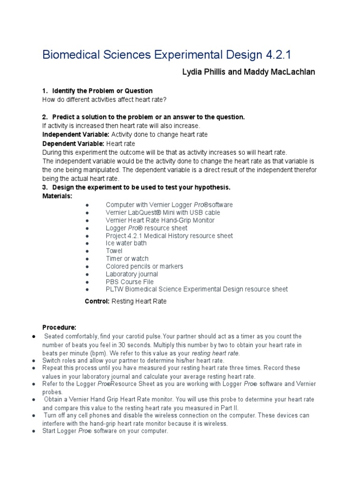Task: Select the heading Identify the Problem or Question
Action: pyautogui.click(x=102, y=90)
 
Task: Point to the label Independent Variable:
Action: pyautogui.click(x=70, y=135)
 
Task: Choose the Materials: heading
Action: pyautogui.click(x=57, y=195)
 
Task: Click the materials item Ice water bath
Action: pyautogui.click(x=126, y=243)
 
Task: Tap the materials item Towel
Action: pyautogui.click(x=114, y=251)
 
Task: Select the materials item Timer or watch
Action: pyautogui.click(x=127, y=259)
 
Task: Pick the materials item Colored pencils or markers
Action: pyautogui.click(x=144, y=266)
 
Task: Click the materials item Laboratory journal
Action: pyautogui.click(x=132, y=274)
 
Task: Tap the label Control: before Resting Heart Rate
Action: pyautogui.click(x=97, y=301)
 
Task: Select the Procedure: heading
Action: pyautogui.click(x=59, y=327)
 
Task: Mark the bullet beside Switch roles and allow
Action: pyautogui.click(x=34, y=360)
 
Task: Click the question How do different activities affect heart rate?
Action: pyautogui.click(x=104, y=100)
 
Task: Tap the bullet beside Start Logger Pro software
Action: pyautogui.click(x=34, y=431)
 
